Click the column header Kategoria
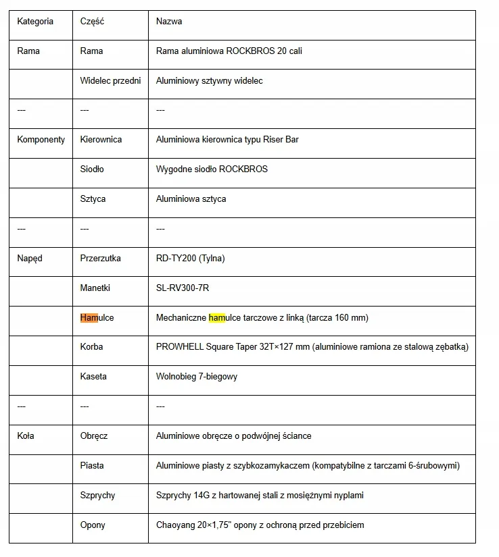point(35,22)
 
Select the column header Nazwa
point(169,22)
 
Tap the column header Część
point(92,22)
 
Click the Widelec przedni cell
point(110,81)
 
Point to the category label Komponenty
point(41,140)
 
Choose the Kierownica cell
point(101,140)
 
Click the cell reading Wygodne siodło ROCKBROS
point(212,169)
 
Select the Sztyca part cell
point(93,199)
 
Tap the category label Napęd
point(30,259)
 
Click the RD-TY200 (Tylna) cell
point(190,259)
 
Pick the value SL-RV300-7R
point(183,288)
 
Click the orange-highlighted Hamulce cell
point(97,318)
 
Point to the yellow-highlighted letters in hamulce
point(216,318)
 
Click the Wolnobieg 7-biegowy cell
point(197,377)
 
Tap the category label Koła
point(26,436)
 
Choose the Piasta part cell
point(92,466)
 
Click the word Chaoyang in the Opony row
point(175,525)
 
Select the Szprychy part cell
point(97,496)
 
